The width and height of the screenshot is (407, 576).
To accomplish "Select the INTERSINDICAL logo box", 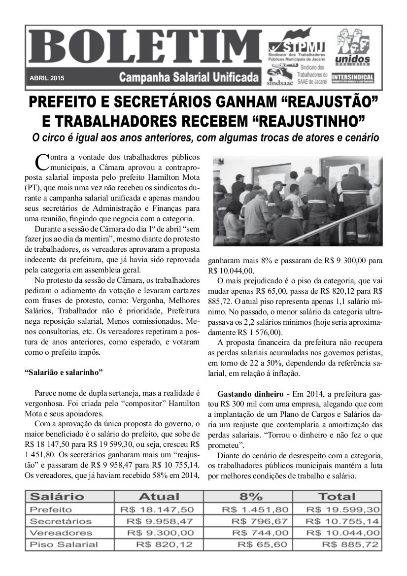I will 352,78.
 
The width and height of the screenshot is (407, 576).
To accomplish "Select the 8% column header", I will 251,496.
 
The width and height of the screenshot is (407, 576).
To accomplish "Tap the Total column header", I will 337,496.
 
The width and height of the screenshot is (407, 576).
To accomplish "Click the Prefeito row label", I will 51,509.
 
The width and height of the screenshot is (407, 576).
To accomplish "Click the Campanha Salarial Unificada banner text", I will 189,78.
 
